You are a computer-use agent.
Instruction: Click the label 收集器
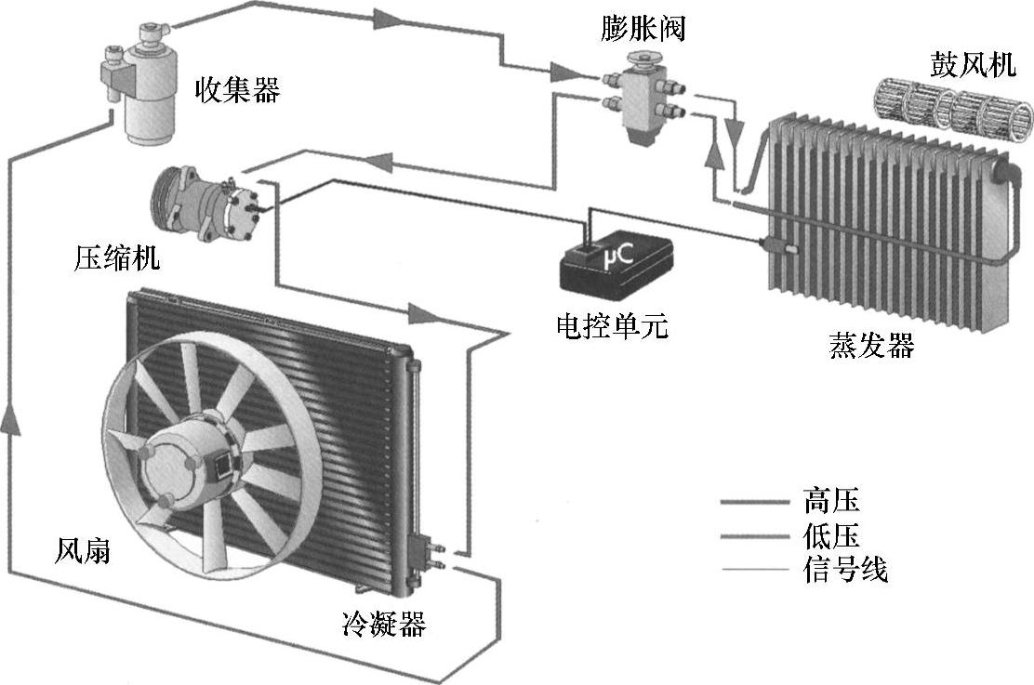(236, 90)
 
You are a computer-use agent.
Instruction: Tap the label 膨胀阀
(643, 29)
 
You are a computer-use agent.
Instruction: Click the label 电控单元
(611, 326)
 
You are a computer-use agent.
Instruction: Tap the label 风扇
(83, 551)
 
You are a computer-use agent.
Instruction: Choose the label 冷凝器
(384, 624)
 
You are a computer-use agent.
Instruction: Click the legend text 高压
(830, 502)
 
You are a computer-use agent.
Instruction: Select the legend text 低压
(830, 535)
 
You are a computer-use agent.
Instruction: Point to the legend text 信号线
(845, 568)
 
